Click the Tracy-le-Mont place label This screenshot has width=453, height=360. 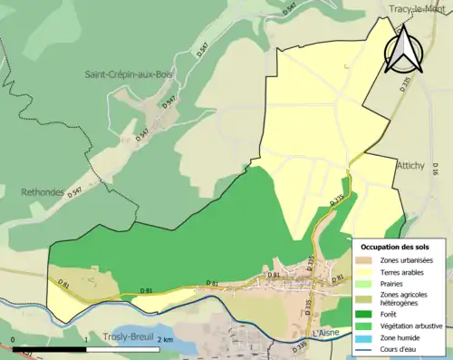coord(419,9)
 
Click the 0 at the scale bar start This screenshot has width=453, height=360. coord(13,340)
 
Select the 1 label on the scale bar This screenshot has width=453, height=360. coord(85,340)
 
